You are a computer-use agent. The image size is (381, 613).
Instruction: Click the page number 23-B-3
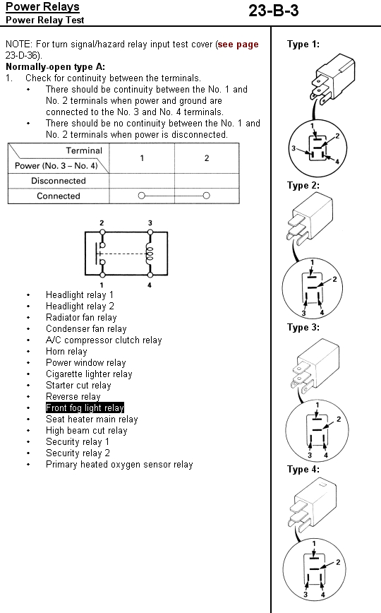(x=274, y=11)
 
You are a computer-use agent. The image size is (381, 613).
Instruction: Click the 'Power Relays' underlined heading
(x=42, y=6)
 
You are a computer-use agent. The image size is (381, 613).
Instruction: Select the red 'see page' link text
(x=238, y=44)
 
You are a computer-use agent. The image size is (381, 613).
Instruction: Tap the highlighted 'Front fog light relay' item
(x=85, y=407)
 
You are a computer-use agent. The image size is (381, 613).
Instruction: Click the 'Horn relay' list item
(x=66, y=352)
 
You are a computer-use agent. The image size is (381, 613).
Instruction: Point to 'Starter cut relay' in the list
(x=78, y=386)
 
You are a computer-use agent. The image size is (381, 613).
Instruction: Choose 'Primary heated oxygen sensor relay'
(x=119, y=465)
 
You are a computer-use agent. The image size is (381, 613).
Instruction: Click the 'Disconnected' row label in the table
(x=59, y=181)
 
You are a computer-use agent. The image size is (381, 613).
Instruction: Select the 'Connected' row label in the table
(x=59, y=196)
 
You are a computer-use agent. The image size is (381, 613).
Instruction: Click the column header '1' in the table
(x=142, y=158)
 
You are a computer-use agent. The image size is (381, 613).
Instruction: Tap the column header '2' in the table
(x=207, y=158)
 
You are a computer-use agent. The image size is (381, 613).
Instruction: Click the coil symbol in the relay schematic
(x=150, y=254)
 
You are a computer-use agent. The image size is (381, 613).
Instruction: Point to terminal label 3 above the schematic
(x=150, y=223)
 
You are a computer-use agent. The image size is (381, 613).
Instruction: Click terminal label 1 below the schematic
(x=102, y=285)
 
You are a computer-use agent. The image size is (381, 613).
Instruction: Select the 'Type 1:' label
(x=303, y=44)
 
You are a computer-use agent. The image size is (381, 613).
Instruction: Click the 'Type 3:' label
(x=303, y=327)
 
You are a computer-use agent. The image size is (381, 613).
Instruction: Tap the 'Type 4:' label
(x=303, y=469)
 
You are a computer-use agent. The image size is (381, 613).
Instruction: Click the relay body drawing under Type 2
(x=310, y=218)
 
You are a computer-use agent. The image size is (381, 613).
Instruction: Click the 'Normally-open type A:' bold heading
(x=56, y=67)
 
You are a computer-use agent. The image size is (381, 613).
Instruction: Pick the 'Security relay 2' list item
(x=78, y=453)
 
